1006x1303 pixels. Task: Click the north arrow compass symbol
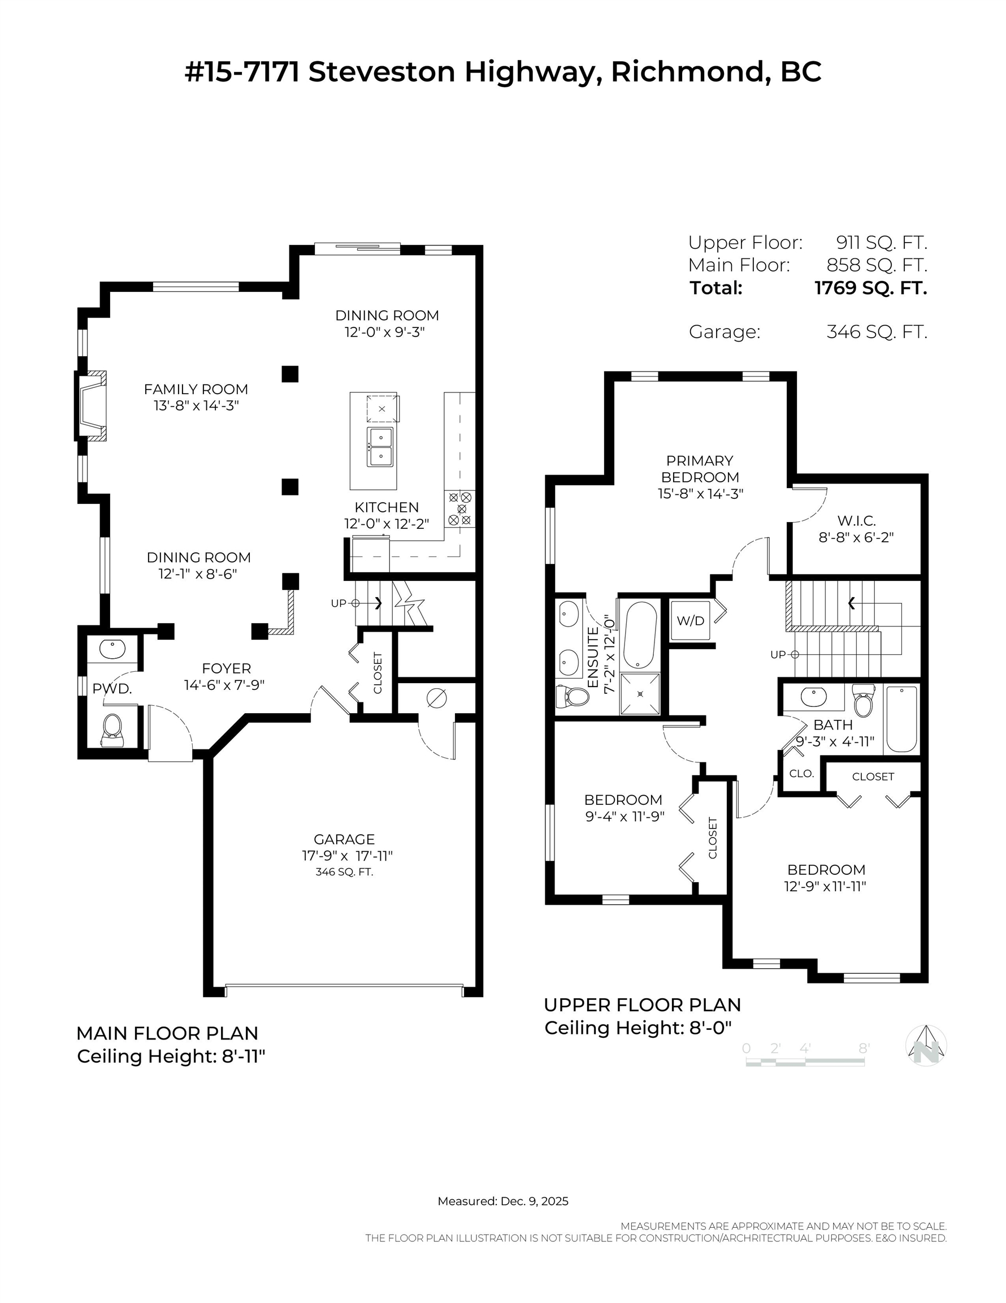(x=926, y=1045)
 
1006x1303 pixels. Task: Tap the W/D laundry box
(x=691, y=620)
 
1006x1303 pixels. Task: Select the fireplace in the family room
(x=91, y=405)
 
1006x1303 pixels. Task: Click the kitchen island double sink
(x=380, y=447)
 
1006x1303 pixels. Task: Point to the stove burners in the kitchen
(x=460, y=508)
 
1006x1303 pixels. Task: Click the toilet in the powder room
(x=112, y=730)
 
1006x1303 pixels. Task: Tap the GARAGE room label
(x=344, y=839)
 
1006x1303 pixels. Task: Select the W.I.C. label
(x=856, y=520)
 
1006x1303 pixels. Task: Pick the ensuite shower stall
(x=640, y=694)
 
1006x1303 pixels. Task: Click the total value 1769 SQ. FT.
(x=870, y=288)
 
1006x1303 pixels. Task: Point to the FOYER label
(x=227, y=668)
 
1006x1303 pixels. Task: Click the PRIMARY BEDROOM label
(x=700, y=469)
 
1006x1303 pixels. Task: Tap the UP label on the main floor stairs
(x=338, y=603)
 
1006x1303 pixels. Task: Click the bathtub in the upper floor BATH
(x=901, y=719)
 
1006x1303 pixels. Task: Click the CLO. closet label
(x=801, y=773)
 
